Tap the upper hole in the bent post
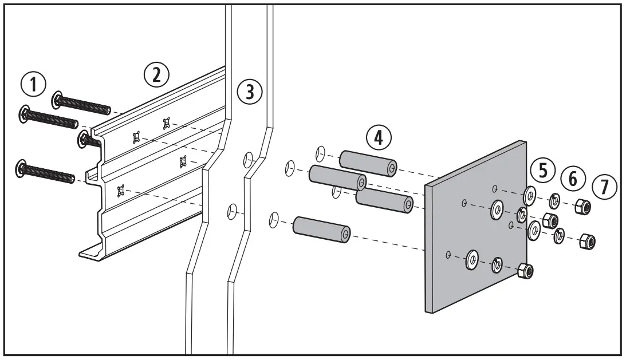(x=248, y=158)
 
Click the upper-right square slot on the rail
(x=167, y=122)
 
